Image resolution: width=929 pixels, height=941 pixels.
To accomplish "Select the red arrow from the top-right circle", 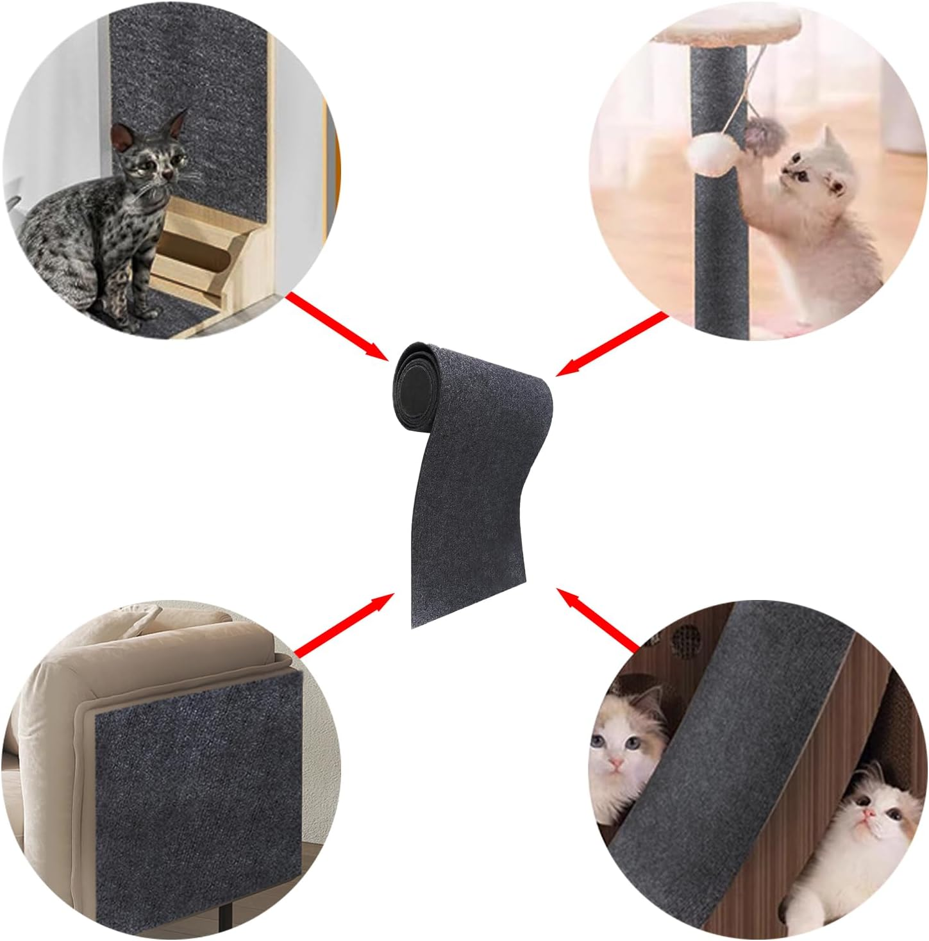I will (x=609, y=343).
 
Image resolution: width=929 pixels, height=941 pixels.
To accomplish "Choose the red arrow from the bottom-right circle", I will (x=599, y=619).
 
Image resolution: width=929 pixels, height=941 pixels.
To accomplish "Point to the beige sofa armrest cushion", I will (x=64, y=705).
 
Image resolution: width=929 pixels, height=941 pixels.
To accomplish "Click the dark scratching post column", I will (x=717, y=212).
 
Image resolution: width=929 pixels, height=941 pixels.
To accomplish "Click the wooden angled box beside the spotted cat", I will (x=192, y=250).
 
